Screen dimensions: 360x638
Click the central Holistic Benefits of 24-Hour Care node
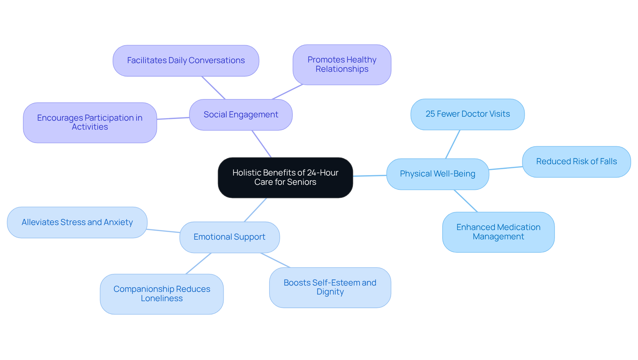[285, 178]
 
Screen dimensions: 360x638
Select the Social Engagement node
[241, 115]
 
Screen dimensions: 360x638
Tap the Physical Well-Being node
[437, 174]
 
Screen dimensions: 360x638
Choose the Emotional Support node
[229, 237]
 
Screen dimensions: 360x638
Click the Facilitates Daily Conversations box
[186, 60]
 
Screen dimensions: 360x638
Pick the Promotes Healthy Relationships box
[342, 64]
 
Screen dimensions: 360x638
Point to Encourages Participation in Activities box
[90, 123]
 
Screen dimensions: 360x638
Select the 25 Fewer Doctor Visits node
[468, 114]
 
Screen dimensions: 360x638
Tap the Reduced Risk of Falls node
[576, 162]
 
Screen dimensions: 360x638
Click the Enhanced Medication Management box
[498, 232]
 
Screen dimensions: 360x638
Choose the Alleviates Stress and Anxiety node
[77, 222]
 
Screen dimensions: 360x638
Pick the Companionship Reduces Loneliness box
[161, 294]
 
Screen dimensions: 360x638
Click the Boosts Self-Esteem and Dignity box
[330, 288]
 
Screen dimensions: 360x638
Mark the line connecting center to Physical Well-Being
[370, 176]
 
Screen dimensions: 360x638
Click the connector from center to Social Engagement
[262, 144]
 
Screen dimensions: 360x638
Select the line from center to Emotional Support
[255, 210]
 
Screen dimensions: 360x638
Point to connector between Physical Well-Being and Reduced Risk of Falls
[505, 168]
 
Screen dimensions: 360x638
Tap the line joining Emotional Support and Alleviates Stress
[163, 231]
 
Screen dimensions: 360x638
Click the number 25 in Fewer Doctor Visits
[430, 114]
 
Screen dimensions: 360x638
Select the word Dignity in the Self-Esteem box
[330, 292]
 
